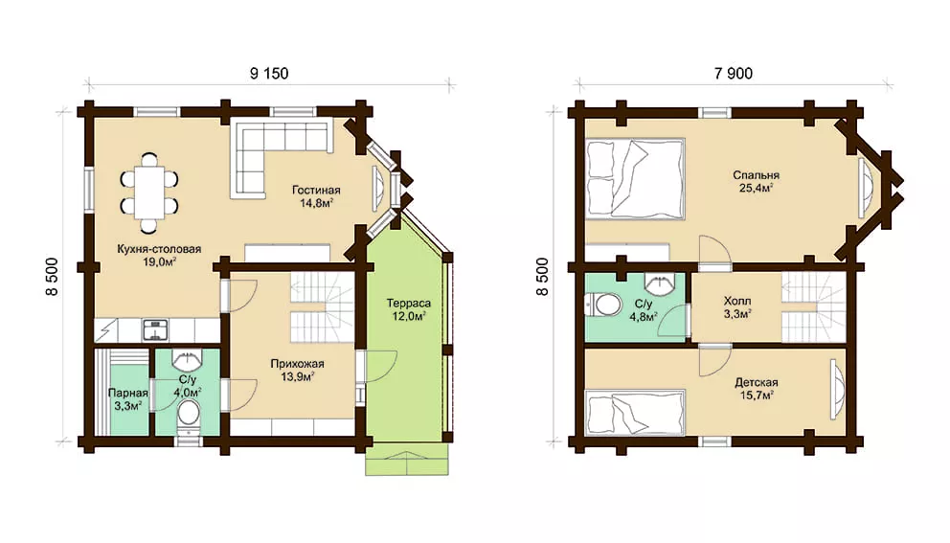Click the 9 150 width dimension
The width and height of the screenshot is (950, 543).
[269, 74]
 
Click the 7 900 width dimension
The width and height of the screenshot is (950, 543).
[734, 74]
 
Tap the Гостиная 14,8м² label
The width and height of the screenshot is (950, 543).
[316, 196]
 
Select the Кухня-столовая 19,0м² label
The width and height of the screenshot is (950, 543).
[159, 255]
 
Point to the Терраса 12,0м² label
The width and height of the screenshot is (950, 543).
[408, 309]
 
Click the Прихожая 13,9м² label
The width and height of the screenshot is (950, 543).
[297, 371]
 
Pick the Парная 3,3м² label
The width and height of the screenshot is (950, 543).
[127, 399]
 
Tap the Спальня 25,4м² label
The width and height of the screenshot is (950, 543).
[756, 181]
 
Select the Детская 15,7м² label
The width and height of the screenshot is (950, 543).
[757, 389]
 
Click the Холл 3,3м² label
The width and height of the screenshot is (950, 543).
[737, 307]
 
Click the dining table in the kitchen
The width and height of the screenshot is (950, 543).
[149, 192]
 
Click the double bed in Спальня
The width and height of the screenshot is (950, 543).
[635, 178]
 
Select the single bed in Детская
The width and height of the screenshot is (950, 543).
[635, 412]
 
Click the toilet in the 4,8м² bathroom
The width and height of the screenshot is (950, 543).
[603, 305]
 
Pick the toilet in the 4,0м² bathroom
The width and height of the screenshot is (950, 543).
[189, 415]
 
